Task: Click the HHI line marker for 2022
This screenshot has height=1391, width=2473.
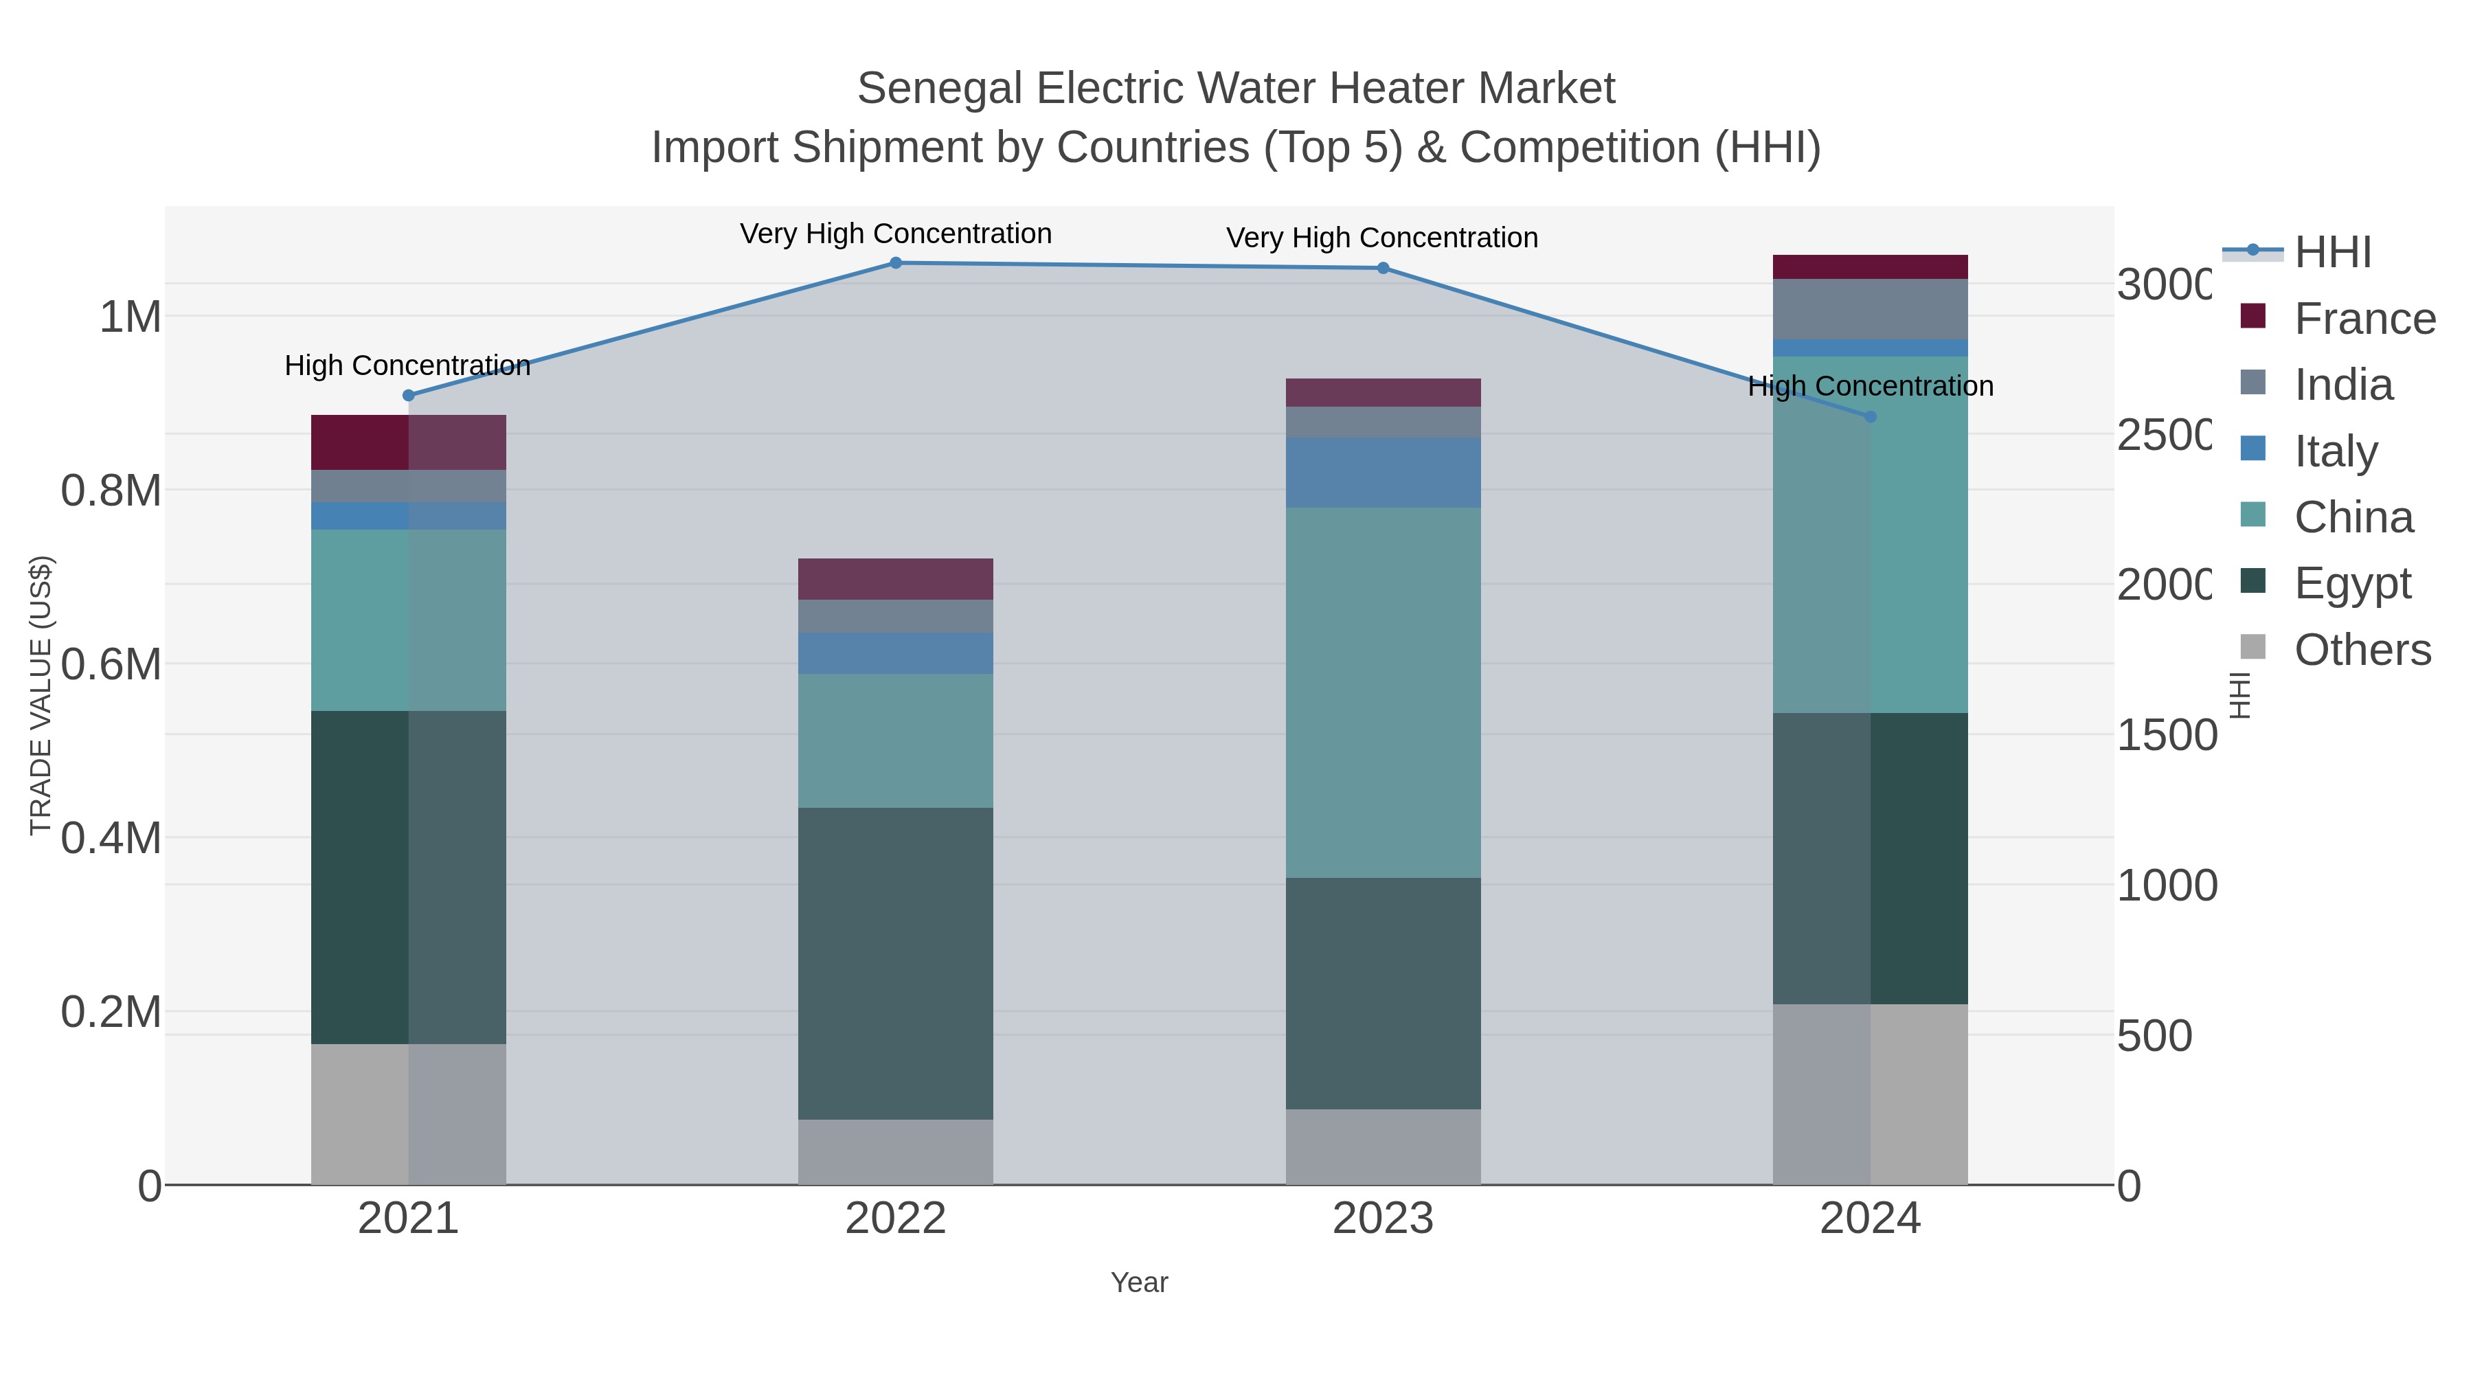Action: (x=896, y=263)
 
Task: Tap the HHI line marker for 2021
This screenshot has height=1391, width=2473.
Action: (x=409, y=396)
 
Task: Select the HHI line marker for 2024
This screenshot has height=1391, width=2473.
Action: (x=1870, y=417)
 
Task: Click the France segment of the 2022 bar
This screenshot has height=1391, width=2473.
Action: (x=896, y=579)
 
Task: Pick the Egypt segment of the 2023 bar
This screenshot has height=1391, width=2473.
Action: (x=1384, y=993)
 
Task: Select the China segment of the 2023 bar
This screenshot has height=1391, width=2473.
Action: (x=1384, y=692)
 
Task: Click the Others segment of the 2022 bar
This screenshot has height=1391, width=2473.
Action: (x=896, y=1152)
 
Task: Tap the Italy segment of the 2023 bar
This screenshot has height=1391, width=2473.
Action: (x=1384, y=473)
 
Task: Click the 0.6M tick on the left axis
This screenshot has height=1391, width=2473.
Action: (x=111, y=664)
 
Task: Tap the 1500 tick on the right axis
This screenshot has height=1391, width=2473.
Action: (x=2166, y=735)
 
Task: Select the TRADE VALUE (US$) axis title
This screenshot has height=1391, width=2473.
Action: (x=41, y=695)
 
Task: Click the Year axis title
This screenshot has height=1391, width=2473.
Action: (x=1140, y=1282)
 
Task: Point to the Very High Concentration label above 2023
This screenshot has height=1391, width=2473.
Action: (x=1382, y=238)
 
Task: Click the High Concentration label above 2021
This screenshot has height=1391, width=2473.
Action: (x=408, y=365)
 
